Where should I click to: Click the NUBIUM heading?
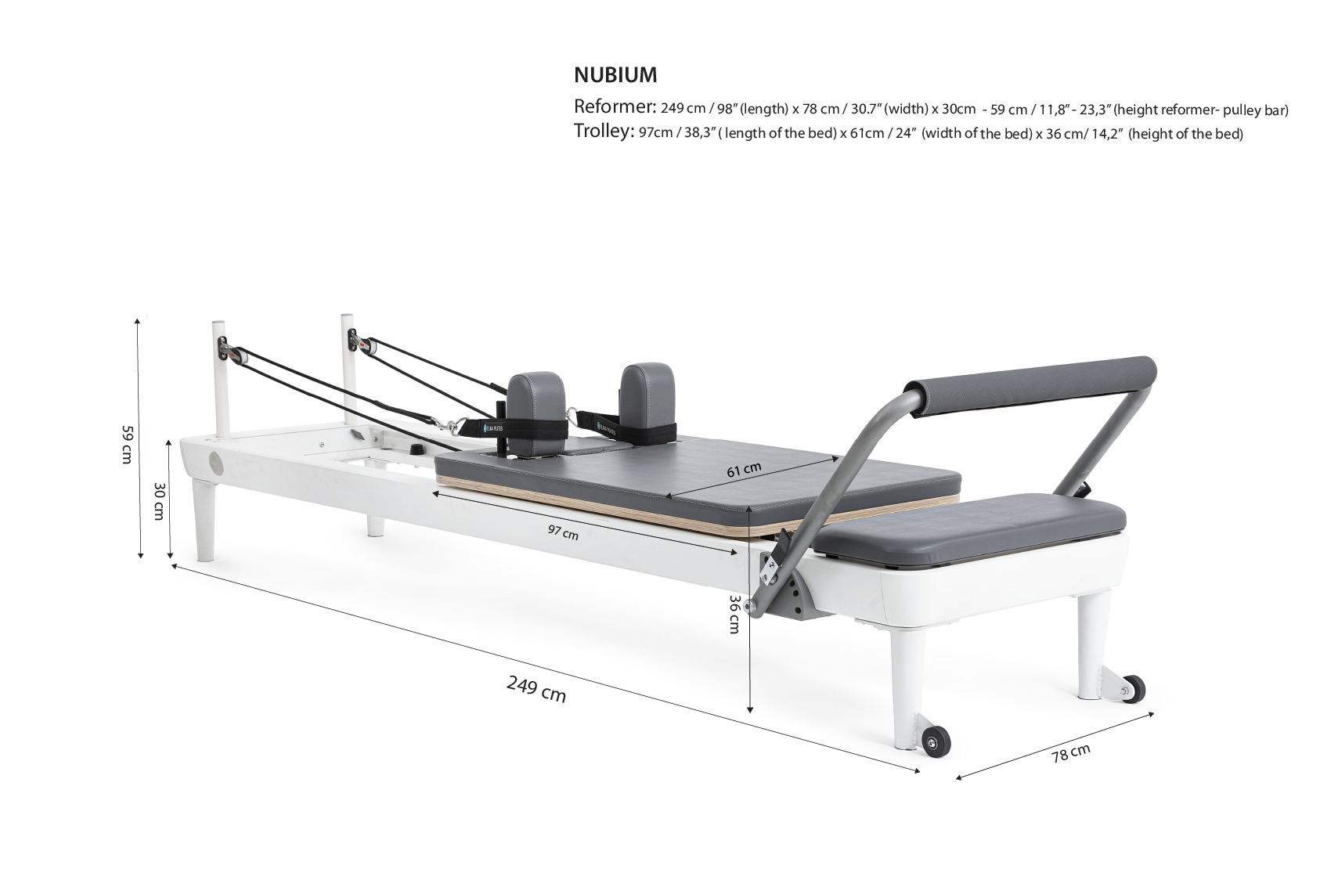tap(615, 75)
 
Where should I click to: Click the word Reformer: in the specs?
tap(615, 106)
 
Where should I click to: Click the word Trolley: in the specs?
tap(604, 131)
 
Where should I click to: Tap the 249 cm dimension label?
tap(536, 690)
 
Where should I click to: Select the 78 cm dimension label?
tap(1071, 753)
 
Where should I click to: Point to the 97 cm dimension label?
tap(563, 532)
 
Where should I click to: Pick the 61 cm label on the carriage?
tap(744, 470)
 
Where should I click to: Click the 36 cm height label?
tap(734, 614)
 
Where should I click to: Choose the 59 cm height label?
tap(127, 445)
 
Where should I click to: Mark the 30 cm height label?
tap(158, 501)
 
